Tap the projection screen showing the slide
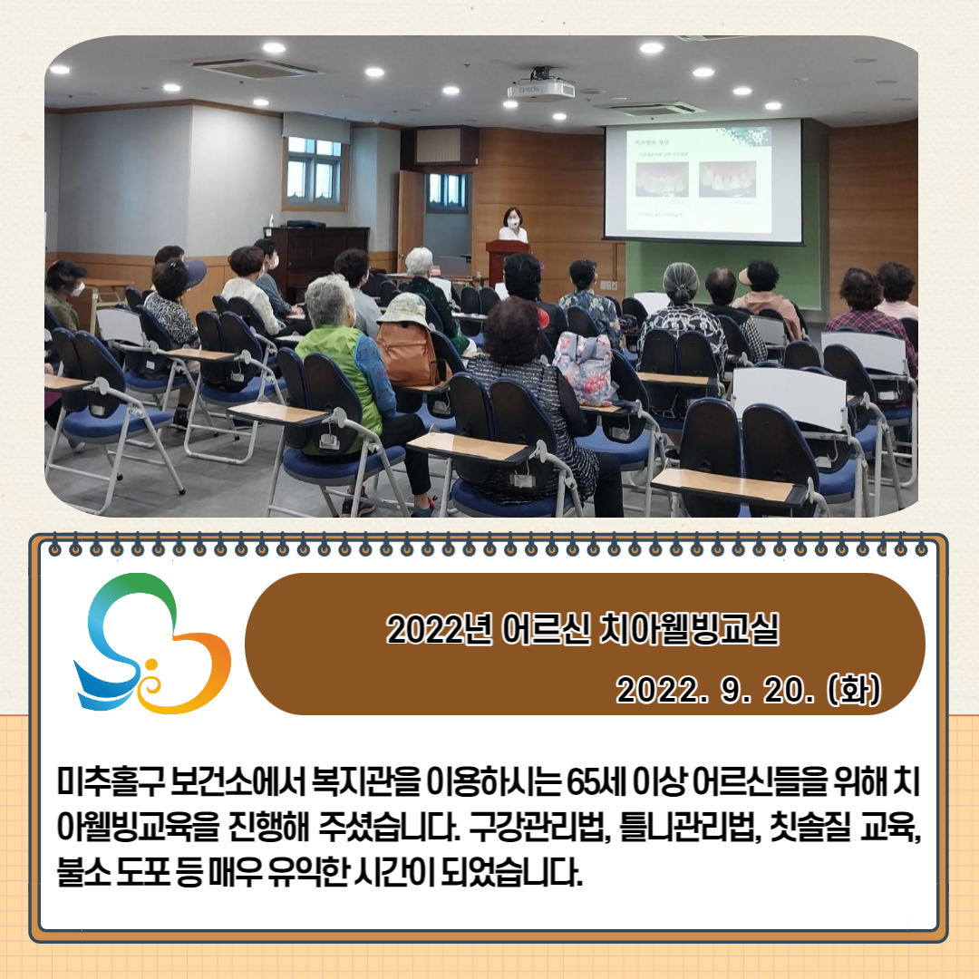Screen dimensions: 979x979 point(703,180)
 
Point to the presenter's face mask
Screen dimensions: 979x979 point(513,222)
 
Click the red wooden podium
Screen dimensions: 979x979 point(506,261)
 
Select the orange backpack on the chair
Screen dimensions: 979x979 point(406,354)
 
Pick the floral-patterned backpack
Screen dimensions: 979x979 point(585,368)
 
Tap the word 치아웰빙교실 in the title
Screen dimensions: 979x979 point(689,628)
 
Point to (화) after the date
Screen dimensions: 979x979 point(854,690)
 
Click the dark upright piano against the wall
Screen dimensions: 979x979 point(317,255)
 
